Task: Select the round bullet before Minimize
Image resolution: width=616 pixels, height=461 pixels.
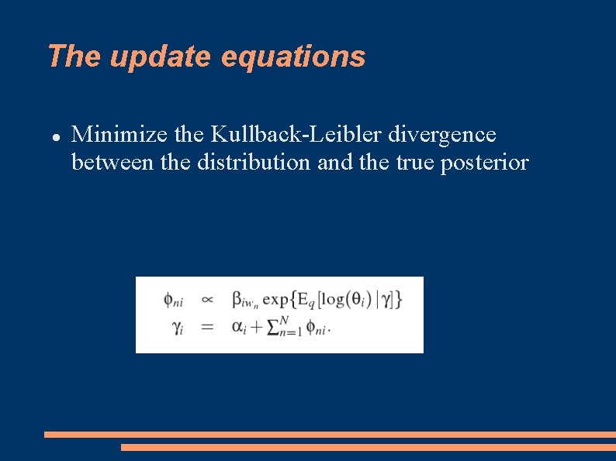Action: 56,136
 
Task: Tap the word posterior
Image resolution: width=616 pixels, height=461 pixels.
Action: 485,163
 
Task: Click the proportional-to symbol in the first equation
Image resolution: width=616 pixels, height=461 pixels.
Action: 207,299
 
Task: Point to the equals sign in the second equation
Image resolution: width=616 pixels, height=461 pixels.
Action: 207,327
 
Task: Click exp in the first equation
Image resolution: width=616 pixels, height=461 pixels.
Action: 276,299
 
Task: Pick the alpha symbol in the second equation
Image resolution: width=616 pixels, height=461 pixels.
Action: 238,327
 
